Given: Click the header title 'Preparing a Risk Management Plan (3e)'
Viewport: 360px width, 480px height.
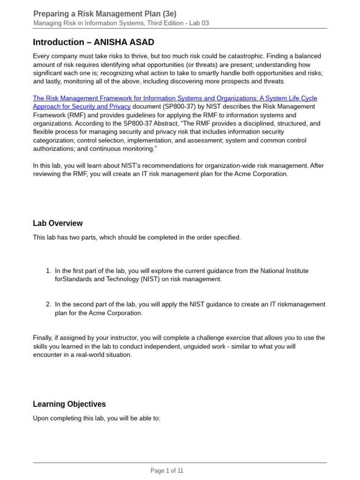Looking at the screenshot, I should point(105,14).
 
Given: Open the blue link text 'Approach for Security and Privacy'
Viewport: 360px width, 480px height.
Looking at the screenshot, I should point(82,106).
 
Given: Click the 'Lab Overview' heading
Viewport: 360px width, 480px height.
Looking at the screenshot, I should point(58,223).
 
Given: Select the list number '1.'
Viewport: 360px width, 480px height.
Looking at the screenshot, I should point(49,271).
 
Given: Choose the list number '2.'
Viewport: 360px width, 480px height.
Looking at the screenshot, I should point(49,304).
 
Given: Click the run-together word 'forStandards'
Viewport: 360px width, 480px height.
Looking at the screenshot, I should point(75,279).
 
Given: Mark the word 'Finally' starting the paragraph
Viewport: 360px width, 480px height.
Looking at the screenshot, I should point(44,338).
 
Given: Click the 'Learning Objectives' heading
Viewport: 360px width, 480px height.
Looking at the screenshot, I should point(69,404).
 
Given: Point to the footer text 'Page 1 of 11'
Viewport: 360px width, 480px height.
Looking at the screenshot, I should point(167,471).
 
